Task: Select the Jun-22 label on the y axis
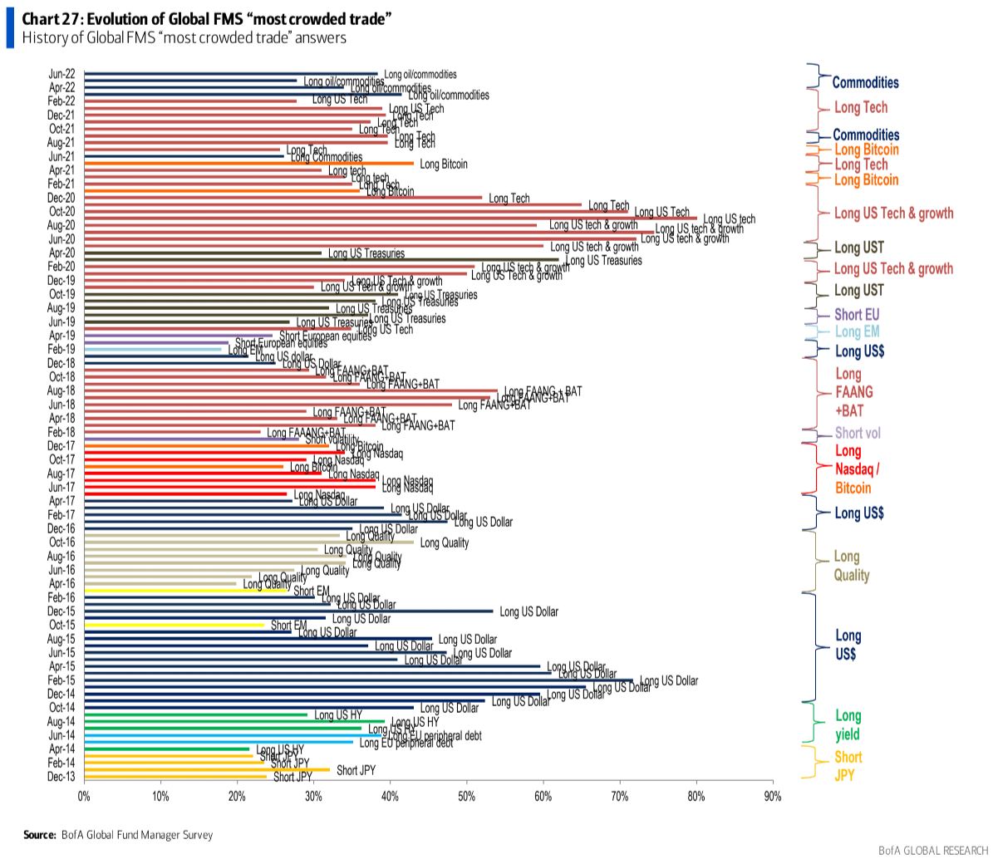(61, 74)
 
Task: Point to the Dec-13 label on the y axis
(61, 777)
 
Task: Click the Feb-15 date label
(61, 680)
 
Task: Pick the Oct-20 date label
(61, 212)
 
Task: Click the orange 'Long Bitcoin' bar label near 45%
(444, 164)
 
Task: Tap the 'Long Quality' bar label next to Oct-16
(444, 543)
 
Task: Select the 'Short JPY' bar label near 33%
(356, 770)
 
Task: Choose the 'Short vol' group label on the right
(858, 433)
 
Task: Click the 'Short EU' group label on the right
(857, 315)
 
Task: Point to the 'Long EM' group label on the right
(857, 332)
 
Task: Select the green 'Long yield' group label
(848, 725)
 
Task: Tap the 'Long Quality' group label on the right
(852, 566)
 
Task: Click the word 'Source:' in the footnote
(39, 835)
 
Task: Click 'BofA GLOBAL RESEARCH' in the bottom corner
(933, 851)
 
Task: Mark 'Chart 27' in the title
(49, 19)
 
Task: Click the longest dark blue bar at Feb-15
(357, 680)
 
